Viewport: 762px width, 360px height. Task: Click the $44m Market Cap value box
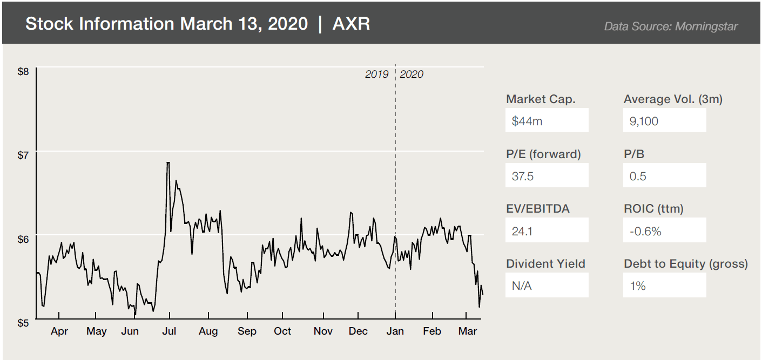pos(547,120)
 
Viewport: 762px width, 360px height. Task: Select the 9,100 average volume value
pos(664,120)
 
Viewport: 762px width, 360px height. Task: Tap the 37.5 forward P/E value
pos(547,175)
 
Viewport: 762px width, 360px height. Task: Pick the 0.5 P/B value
pos(664,175)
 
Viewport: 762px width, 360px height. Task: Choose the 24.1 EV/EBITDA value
pos(547,230)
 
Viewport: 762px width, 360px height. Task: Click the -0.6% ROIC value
pos(664,230)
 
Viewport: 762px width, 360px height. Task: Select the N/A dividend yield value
pos(547,285)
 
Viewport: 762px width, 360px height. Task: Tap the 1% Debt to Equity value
pos(664,285)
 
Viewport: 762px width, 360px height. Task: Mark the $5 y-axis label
pos(24,323)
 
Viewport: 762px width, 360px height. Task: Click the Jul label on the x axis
pos(170,331)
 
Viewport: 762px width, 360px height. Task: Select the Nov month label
pos(323,331)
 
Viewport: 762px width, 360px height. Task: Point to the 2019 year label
pos(376,74)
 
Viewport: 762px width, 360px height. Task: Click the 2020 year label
pos(412,74)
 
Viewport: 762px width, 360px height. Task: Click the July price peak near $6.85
pos(168,162)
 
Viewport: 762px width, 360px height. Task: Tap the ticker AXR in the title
pos(352,24)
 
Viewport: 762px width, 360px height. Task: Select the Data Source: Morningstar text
pos(671,26)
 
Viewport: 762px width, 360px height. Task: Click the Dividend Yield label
pos(545,264)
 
